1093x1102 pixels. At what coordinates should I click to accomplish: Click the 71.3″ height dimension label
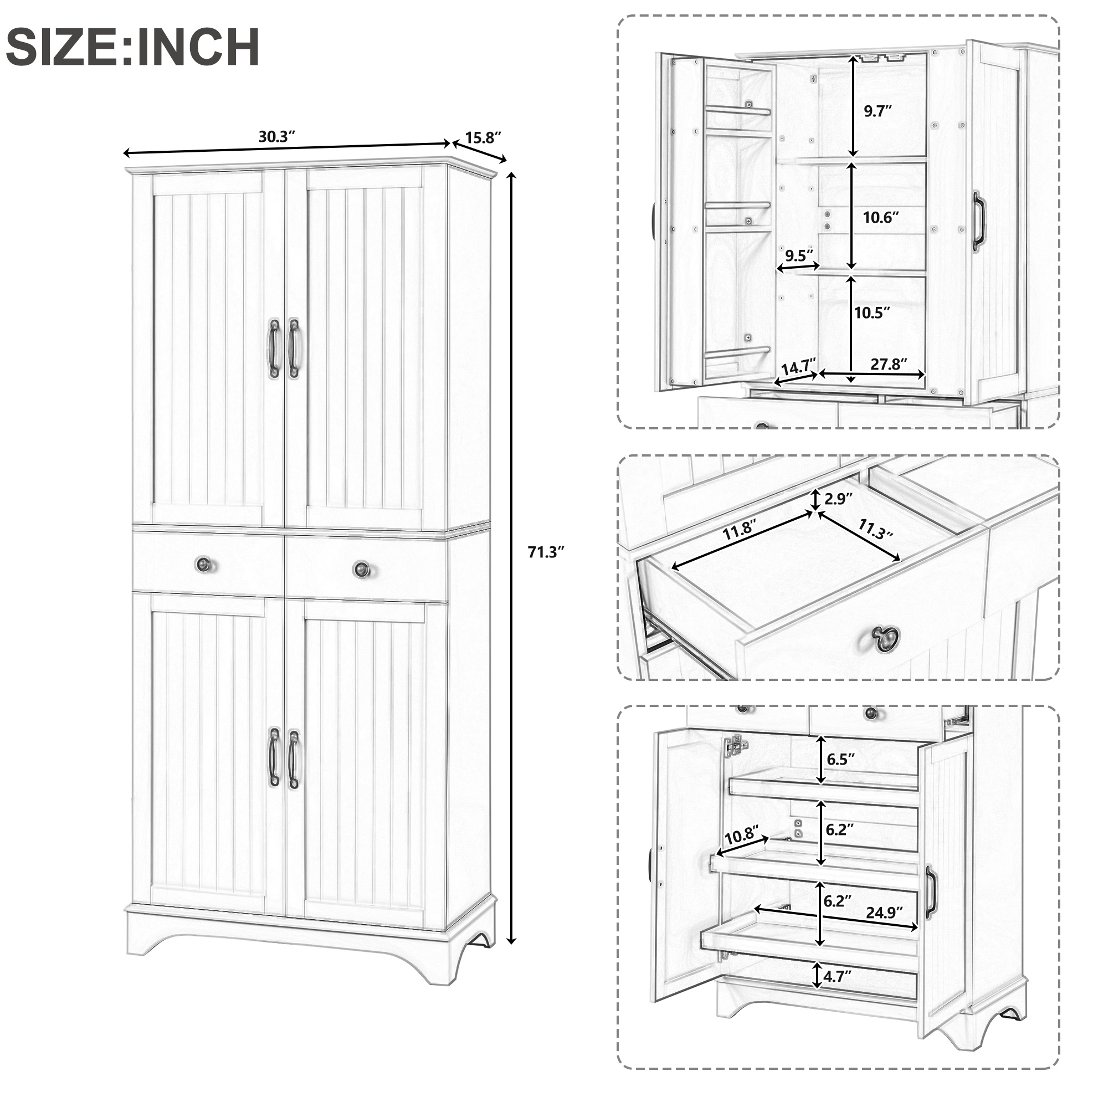545,552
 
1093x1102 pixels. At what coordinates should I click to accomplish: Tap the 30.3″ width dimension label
276,136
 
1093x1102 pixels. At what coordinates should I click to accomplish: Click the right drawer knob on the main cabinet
361,568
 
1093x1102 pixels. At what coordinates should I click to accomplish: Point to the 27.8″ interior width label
889,364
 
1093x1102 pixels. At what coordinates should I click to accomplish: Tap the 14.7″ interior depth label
798,367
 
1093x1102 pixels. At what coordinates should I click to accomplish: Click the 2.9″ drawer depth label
839,499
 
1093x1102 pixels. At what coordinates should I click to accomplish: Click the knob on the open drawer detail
885,637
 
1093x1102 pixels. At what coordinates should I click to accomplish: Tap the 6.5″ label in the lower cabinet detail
841,758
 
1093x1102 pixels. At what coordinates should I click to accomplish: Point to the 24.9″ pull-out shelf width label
884,913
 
